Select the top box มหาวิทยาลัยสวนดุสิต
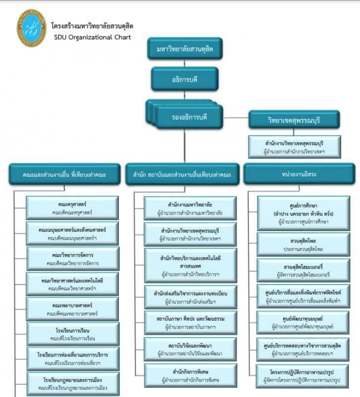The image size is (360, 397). (x=185, y=50)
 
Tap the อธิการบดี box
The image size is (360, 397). (x=185, y=78)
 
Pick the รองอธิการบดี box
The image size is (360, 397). (x=188, y=117)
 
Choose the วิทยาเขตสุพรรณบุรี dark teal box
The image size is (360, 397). (x=294, y=120)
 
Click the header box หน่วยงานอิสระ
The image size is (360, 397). (x=300, y=174)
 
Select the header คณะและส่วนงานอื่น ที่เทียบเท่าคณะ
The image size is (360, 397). (x=64, y=174)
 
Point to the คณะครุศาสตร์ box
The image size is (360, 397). (x=73, y=208)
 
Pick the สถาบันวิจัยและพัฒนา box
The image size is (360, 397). (x=190, y=349)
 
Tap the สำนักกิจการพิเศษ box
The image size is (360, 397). (x=190, y=376)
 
